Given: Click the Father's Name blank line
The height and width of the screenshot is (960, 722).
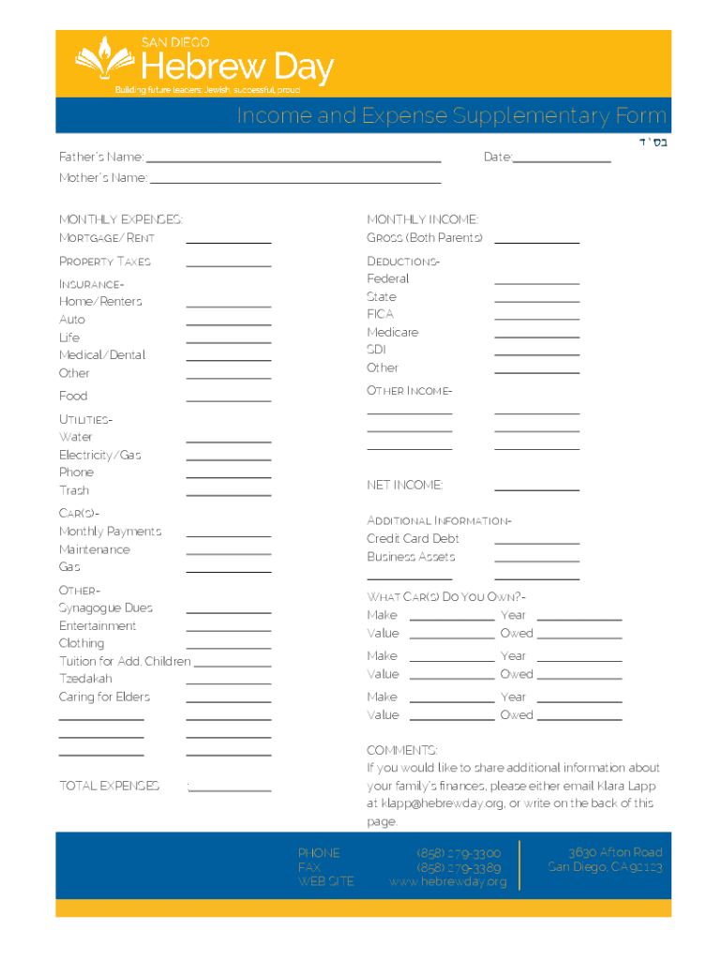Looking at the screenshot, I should pos(293,161).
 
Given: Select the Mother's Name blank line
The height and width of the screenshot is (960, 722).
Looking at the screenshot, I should pos(295,182).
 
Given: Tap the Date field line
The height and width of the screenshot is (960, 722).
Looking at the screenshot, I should pos(562,161).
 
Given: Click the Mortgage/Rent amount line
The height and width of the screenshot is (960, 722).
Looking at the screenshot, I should pos(229,242).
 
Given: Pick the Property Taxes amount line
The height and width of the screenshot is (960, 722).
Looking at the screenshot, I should pos(229,265).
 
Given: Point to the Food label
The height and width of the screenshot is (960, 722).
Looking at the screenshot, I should pos(73,396).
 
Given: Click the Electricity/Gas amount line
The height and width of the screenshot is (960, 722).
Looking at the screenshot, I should pos(229,459).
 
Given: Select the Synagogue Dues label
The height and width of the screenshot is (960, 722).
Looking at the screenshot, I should pos(106,607).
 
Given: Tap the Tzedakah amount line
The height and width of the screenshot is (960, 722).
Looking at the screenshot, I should pos(229,683).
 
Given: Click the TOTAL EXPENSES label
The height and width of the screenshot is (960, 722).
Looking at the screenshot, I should pos(109,786).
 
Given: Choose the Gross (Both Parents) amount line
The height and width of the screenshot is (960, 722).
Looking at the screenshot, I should pos(536,242).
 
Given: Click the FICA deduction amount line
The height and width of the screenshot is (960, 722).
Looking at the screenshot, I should pos(536,319).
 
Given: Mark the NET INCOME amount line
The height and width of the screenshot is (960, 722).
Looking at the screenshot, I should pos(536,489).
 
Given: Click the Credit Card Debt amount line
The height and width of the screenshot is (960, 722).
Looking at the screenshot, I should pos(536,543).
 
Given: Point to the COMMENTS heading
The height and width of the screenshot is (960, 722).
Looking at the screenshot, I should pos(401,750).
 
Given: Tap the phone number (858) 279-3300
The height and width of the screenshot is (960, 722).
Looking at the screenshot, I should pos(459,853).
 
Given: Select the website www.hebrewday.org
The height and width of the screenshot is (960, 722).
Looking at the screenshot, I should pos(448,882).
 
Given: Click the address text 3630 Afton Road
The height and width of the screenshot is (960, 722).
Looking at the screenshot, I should pos(614,852).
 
